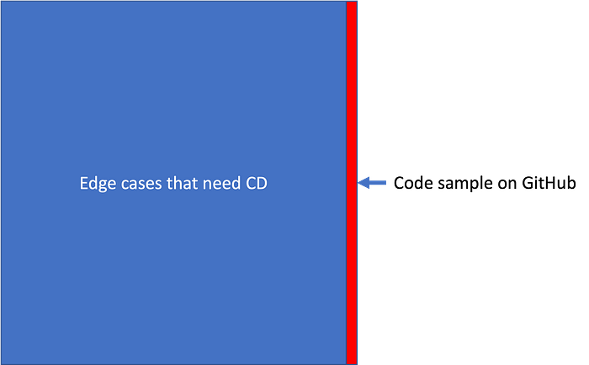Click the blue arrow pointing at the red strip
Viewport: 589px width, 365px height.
(x=372, y=183)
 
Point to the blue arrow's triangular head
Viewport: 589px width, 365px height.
(x=363, y=183)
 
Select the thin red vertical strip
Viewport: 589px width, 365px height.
(x=352, y=182)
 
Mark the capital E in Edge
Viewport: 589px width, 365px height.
(x=84, y=183)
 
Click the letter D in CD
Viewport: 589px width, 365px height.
(x=263, y=183)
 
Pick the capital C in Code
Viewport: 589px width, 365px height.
(x=399, y=183)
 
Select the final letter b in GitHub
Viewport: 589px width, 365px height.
(x=571, y=183)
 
